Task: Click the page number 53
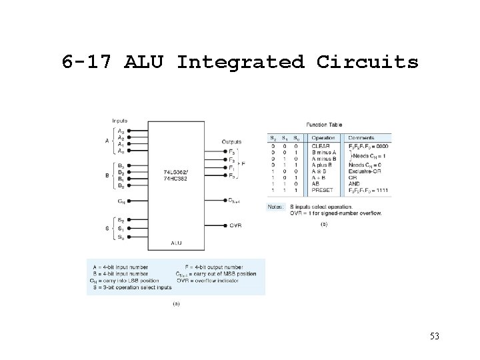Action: [x=435, y=337]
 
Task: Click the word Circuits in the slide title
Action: [x=367, y=62]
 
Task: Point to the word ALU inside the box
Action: [x=176, y=243]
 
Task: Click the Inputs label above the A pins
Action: [x=121, y=121]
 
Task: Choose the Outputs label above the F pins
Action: [x=231, y=141]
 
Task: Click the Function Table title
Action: [x=324, y=125]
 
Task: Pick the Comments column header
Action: [x=362, y=138]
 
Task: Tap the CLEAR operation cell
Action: [x=321, y=145]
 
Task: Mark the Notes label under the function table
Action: [x=276, y=207]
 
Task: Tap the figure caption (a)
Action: [x=177, y=303]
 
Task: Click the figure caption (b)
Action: [x=324, y=225]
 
